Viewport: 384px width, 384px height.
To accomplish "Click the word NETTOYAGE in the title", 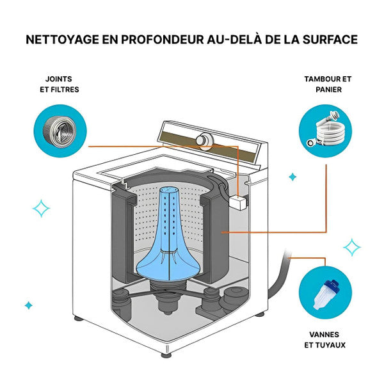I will point(62,40).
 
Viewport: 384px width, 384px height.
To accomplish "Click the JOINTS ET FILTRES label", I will point(59,84).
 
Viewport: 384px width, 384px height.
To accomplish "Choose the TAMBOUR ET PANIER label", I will point(328,84).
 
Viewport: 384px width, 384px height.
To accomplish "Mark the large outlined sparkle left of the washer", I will point(42,209).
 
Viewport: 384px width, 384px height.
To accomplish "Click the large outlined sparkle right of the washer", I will point(351,247).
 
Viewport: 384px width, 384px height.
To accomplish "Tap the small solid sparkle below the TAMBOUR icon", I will point(292,177).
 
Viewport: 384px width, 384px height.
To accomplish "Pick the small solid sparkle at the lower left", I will point(28,305).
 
